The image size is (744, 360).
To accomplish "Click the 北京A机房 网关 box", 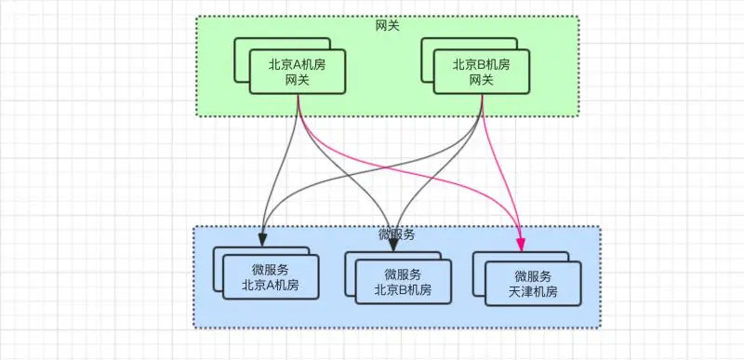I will tap(295, 73).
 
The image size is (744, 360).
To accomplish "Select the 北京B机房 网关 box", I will tap(481, 73).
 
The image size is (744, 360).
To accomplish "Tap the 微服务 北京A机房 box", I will tap(271, 278).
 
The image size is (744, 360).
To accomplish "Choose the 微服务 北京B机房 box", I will tap(403, 282).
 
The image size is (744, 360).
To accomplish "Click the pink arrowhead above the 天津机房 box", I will tap(519, 244).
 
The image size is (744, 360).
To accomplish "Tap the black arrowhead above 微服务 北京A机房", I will tap(263, 238).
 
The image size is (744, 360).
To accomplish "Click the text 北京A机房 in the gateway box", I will tap(295, 65).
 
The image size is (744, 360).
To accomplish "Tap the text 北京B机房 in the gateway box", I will tap(481, 65).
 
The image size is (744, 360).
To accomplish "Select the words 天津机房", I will tap(533, 292).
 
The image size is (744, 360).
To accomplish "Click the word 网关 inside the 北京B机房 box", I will tap(481, 81).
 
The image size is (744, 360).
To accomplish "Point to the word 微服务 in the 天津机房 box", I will tap(533, 276).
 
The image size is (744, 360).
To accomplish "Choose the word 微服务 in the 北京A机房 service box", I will tap(271, 270).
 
